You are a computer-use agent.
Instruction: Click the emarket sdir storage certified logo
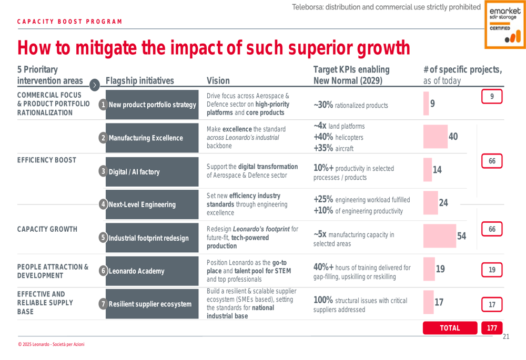(x=504, y=24)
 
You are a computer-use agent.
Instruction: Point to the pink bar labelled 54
(x=445, y=235)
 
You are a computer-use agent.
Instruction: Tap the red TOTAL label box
(x=450, y=328)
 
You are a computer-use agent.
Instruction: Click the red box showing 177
(x=492, y=328)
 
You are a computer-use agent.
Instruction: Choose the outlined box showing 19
(x=492, y=270)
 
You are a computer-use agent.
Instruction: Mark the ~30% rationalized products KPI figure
(x=323, y=105)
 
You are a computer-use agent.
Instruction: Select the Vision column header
(x=218, y=81)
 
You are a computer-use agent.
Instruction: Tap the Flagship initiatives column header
(x=139, y=81)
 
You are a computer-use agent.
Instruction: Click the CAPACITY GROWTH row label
(x=47, y=229)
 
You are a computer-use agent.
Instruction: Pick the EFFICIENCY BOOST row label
(x=46, y=160)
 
